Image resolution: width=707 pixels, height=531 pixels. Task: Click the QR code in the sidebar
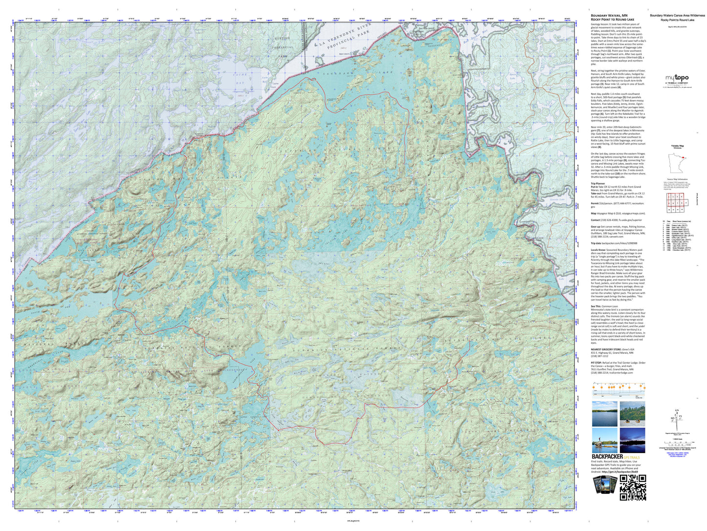click(633, 487)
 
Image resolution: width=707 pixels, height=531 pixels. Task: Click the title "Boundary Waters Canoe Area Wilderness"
click(677, 16)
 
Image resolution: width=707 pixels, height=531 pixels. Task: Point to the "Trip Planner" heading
click(598, 184)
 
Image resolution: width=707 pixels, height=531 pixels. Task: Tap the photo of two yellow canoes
click(632, 414)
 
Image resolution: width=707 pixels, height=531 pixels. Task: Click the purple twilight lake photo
click(632, 440)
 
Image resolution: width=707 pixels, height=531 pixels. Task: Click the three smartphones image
click(604, 485)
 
